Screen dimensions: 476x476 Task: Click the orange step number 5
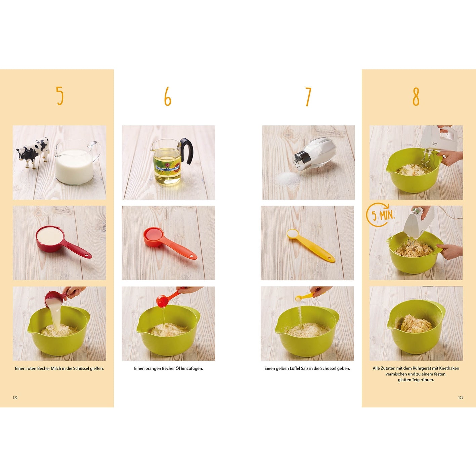pos(60,96)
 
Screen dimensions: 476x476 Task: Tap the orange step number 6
pos(168,96)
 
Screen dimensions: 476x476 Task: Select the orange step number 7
pos(308,97)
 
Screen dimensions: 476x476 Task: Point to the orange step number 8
pos(416,97)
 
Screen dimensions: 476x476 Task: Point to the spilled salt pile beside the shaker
pos(289,178)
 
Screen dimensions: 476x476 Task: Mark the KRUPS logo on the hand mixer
pos(435,144)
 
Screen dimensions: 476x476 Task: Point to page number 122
pos(15,398)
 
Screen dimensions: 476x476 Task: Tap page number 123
pos(461,398)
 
